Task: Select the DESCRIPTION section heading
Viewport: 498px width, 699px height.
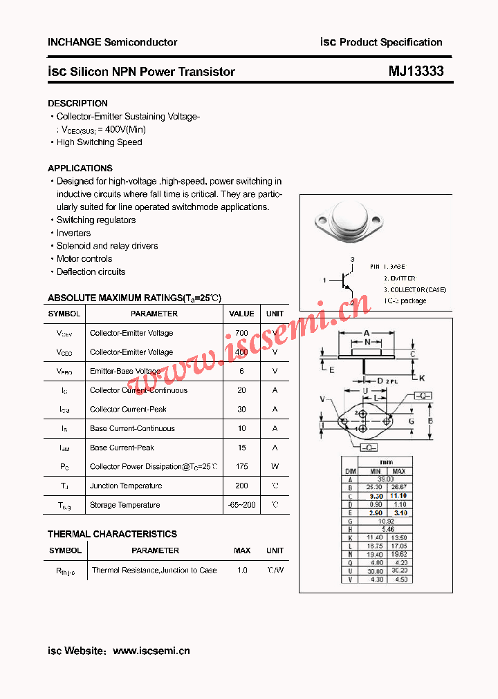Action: (x=77, y=103)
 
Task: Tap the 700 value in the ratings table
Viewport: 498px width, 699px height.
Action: (x=241, y=333)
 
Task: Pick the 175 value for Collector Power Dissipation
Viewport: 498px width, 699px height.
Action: (x=241, y=467)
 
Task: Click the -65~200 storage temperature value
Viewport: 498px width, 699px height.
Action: (x=241, y=505)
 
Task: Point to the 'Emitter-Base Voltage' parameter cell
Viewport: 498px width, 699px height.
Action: (x=125, y=371)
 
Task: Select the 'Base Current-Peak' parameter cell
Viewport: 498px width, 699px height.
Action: (x=122, y=448)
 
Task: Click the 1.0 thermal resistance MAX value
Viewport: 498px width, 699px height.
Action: (x=242, y=571)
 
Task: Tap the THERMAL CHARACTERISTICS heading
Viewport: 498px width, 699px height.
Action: (x=112, y=534)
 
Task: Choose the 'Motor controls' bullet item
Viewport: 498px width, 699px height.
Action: (x=84, y=259)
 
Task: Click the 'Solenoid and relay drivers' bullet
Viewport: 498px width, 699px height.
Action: (x=107, y=246)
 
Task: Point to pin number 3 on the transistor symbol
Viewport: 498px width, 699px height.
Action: (x=352, y=259)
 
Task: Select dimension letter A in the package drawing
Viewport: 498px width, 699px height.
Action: (x=367, y=333)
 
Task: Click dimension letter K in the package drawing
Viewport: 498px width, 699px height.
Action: (x=421, y=378)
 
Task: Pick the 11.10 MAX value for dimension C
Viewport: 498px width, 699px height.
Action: (x=398, y=496)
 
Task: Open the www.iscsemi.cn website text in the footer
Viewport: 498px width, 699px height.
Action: (x=151, y=651)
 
